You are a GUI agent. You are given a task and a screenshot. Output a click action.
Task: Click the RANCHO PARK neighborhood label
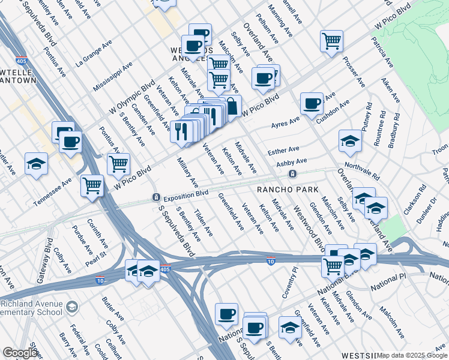click(287, 190)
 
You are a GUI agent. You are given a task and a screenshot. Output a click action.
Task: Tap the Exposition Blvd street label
click(186, 194)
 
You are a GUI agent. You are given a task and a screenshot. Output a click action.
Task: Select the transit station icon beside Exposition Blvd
click(155, 197)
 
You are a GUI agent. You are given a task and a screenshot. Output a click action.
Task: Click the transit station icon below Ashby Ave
click(292, 174)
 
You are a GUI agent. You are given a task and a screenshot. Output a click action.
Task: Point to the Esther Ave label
click(285, 149)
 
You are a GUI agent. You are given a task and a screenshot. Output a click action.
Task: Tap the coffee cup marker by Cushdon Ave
click(312, 103)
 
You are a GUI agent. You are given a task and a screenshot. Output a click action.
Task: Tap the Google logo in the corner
click(19, 353)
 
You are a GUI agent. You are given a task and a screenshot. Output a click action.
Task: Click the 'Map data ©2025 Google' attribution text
click(412, 355)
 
